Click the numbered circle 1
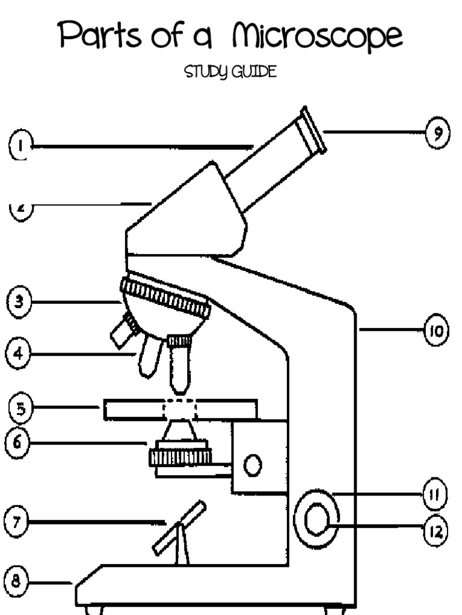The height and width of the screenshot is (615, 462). [20, 146]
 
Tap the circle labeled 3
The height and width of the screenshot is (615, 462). [20, 302]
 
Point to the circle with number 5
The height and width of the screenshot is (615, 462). [20, 409]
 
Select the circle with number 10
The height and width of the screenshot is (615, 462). [436, 331]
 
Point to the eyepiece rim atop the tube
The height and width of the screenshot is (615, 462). [313, 130]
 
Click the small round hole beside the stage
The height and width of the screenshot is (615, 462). [252, 464]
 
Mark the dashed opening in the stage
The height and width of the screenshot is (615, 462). [180, 410]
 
